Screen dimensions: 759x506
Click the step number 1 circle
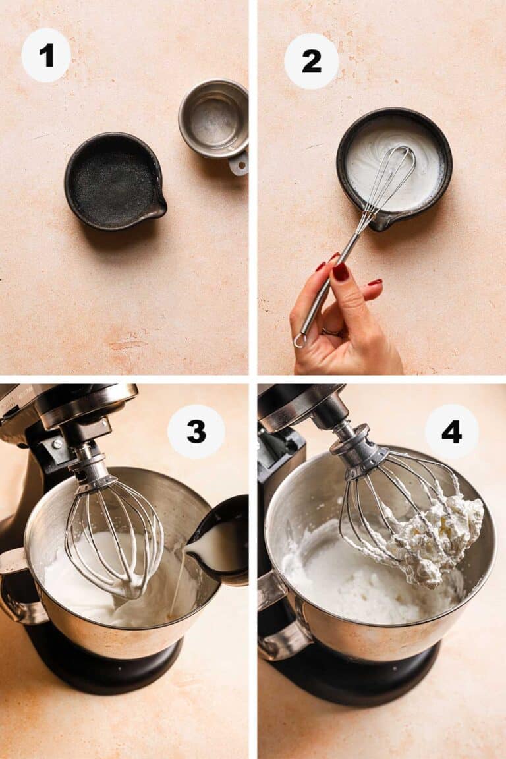(x=46, y=55)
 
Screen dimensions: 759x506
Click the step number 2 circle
(x=311, y=61)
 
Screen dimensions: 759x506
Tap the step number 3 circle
(x=196, y=432)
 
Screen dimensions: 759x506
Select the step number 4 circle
(x=451, y=432)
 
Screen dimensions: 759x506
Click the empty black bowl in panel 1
(x=113, y=181)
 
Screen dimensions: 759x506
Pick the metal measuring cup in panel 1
(x=213, y=119)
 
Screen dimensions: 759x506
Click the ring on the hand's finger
(x=329, y=333)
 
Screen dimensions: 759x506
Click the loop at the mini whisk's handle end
(x=300, y=340)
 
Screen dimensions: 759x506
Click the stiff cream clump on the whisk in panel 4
(x=438, y=534)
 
